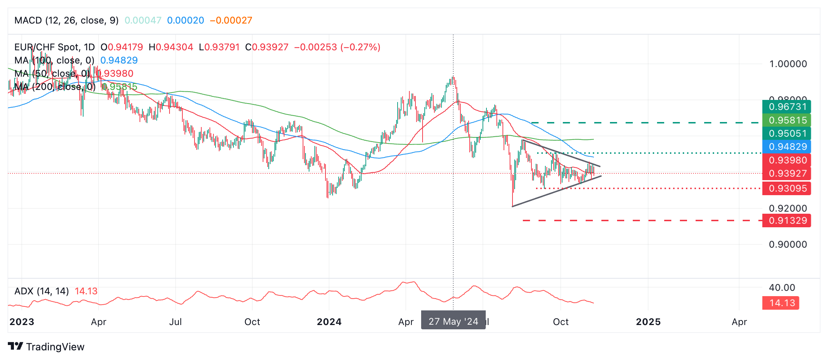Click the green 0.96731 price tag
[x=787, y=107]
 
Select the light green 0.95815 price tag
[x=787, y=120]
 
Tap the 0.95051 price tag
[x=787, y=133]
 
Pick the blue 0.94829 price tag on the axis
[x=787, y=147]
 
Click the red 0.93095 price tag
[x=787, y=188]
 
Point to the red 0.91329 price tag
[x=787, y=220]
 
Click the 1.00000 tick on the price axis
[x=788, y=64]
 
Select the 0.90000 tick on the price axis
[x=788, y=244]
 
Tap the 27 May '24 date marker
[x=453, y=321]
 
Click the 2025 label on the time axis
[x=648, y=322]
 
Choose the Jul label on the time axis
[x=175, y=322]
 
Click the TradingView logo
[x=46, y=346]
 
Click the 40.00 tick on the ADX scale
[x=782, y=288]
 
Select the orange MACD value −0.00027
[x=231, y=20]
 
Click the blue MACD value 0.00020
[x=186, y=20]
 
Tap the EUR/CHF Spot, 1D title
[x=55, y=47]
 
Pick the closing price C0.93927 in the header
[x=267, y=47]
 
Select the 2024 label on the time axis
[x=329, y=322]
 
